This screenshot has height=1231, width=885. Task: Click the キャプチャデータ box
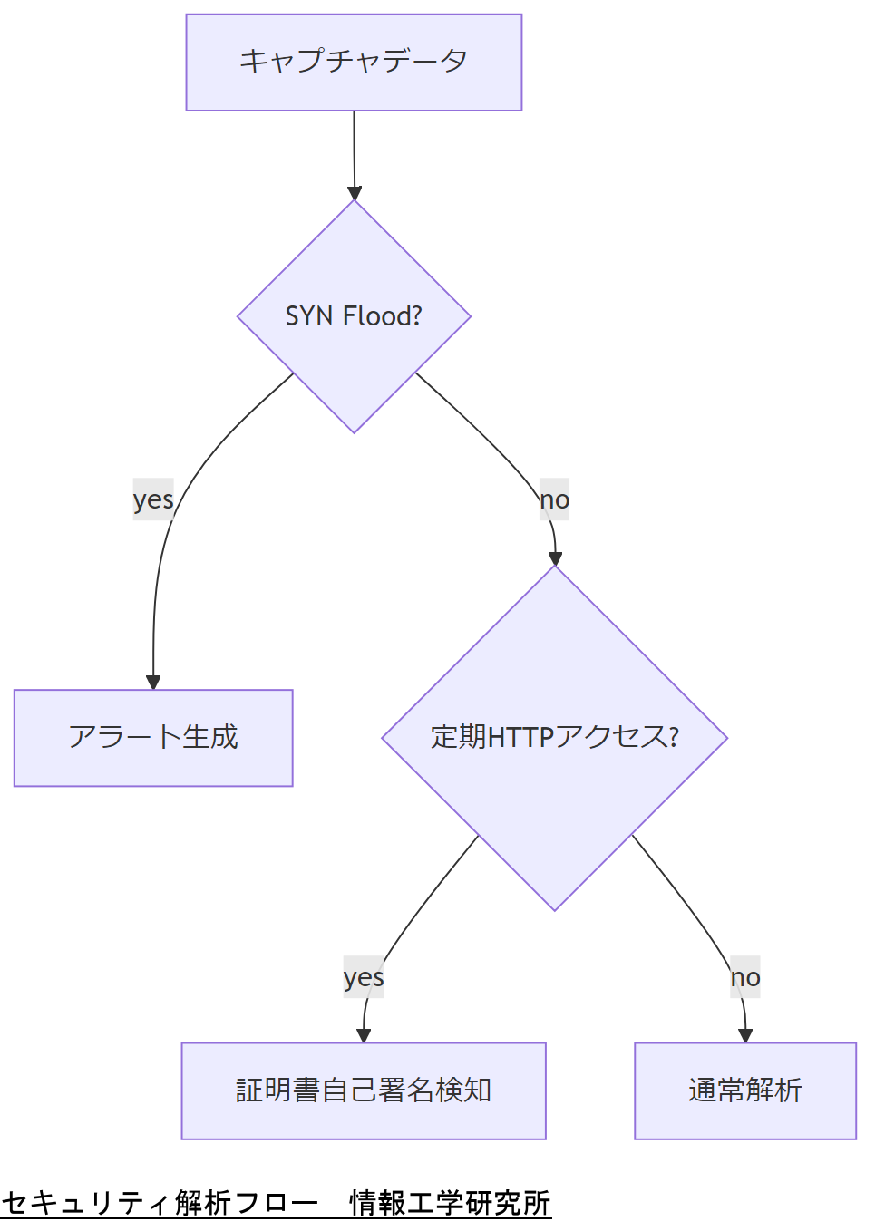point(354,63)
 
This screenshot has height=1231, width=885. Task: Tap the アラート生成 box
point(153,738)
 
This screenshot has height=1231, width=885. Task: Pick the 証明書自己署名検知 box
point(364,1090)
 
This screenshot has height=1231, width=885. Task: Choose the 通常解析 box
point(744,1090)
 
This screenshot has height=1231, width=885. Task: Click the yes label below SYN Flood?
point(153,499)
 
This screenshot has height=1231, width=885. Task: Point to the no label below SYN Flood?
point(554,499)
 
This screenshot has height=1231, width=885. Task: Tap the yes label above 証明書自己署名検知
point(364,977)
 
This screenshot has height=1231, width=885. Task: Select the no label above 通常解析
point(744,977)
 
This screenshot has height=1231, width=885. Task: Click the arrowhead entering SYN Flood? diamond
point(355,193)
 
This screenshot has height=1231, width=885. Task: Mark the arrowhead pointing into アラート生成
point(153,683)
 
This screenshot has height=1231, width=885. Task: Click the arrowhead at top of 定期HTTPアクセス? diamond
point(555,558)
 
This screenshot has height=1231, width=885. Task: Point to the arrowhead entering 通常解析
point(745,1035)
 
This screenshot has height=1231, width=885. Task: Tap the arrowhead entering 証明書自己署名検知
point(364,1035)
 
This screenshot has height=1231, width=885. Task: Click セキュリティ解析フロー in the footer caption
point(160,1203)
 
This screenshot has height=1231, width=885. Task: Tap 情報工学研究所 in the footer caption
point(450,1203)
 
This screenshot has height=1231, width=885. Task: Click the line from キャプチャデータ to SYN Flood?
point(354,150)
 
